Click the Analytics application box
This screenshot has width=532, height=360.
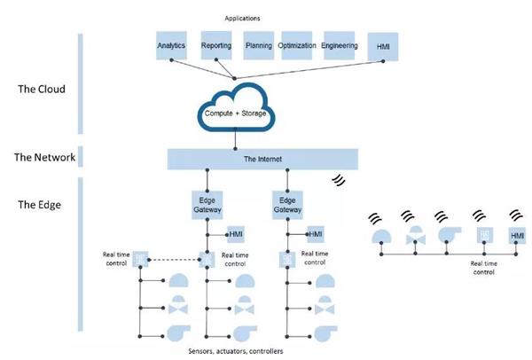click(x=171, y=45)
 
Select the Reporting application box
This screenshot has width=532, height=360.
click(x=216, y=45)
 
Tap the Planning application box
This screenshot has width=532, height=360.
click(x=259, y=45)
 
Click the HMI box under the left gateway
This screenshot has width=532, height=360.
click(x=237, y=233)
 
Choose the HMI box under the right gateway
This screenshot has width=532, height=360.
click(x=316, y=233)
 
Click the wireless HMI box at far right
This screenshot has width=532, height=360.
click(x=517, y=235)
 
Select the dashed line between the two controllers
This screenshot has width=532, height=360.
click(x=174, y=260)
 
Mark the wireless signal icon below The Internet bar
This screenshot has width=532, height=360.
click(x=338, y=179)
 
